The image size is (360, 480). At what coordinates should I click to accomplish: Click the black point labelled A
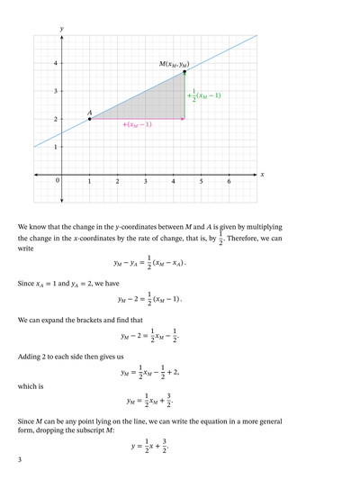click(89, 119)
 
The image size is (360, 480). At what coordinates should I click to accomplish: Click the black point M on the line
click(184, 71)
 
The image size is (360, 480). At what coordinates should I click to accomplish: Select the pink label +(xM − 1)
click(137, 125)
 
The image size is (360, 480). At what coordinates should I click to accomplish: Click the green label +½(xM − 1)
click(204, 95)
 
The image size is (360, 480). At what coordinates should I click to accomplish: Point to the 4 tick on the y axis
click(54, 63)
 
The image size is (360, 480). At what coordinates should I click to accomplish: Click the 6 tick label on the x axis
click(229, 181)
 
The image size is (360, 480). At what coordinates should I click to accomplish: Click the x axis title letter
click(262, 175)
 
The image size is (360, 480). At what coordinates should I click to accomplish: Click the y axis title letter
click(61, 30)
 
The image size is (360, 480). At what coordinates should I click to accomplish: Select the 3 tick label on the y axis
click(54, 91)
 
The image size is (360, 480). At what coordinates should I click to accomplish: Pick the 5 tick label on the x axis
click(201, 181)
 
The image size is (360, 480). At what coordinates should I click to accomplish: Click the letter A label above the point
click(89, 113)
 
